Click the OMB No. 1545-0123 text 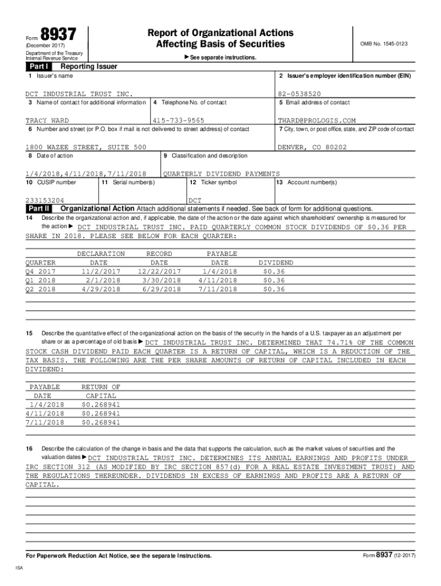pyautogui.click(x=384, y=43)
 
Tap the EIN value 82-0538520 pyautogui.click(x=299, y=93)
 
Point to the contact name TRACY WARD pyautogui.click(x=47, y=121)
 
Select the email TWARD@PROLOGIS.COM pyautogui.click(x=317, y=121)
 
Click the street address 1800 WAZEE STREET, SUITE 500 pyautogui.click(x=86, y=147)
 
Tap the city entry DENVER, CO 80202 pyautogui.click(x=312, y=147)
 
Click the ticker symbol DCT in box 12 pyautogui.click(x=195, y=200)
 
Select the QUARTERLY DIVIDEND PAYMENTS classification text pyautogui.click(x=222, y=173)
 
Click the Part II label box pyautogui.click(x=40, y=209)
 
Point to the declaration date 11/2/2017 pyautogui.click(x=101, y=271)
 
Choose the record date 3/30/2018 pyautogui.click(x=159, y=280)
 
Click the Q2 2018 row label pyautogui.click(x=41, y=290)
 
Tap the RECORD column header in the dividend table pyautogui.click(x=159, y=254)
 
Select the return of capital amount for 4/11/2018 pyautogui.click(x=101, y=413)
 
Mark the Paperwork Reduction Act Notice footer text pyautogui.click(x=119, y=556)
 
